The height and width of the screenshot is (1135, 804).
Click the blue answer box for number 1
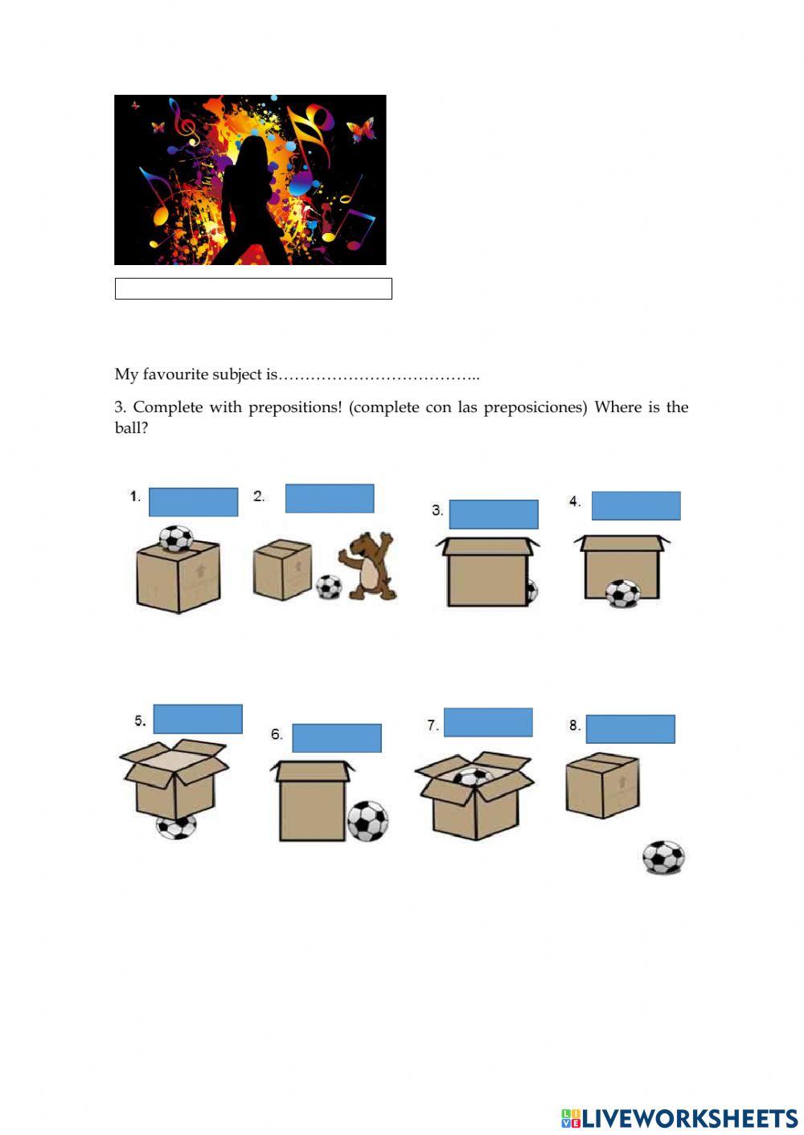coord(194,502)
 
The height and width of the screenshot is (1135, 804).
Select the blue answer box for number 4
coord(636,506)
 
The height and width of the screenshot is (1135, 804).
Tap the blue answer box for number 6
coord(337,738)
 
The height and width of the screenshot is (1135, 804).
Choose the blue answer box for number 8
coord(630,729)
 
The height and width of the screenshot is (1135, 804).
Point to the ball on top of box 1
coord(175,537)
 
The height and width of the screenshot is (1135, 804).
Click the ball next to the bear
coord(328,586)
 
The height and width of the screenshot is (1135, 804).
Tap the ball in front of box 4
coord(622,594)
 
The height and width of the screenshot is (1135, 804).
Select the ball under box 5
coord(175,827)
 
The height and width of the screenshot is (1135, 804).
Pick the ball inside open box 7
coord(473,777)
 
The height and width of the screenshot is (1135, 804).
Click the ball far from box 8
coord(663,858)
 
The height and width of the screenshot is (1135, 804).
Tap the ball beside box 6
coord(367,821)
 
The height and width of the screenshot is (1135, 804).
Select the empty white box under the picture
coord(253,289)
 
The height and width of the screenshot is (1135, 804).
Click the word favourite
coord(174,374)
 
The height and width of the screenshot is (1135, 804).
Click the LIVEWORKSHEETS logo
coord(679,1118)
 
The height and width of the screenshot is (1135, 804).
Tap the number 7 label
coord(433,725)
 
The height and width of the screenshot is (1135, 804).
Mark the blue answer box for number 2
coord(330,499)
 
